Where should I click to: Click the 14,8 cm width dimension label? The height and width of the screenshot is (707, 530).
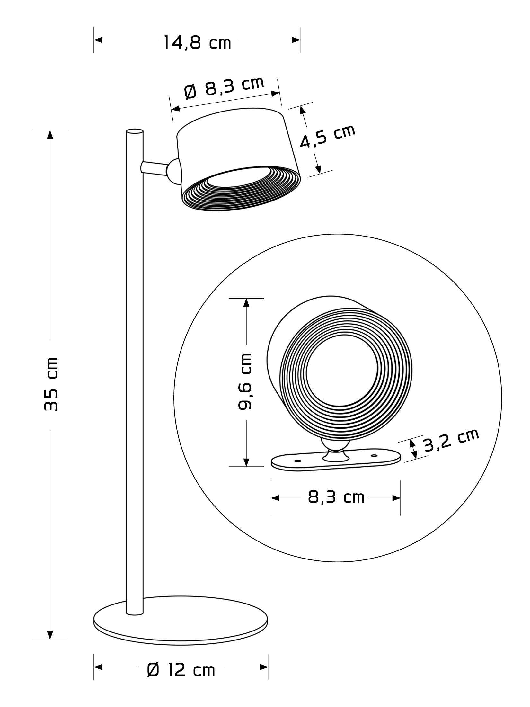pos(197,43)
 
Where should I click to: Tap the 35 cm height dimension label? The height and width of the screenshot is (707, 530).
pos(51,384)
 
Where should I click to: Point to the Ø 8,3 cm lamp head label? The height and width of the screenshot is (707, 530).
pos(224,88)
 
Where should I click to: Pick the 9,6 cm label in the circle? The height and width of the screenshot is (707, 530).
pos(245,381)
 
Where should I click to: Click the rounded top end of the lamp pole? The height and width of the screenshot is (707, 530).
pos(135,131)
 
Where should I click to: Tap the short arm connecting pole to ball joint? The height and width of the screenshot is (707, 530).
pos(154,168)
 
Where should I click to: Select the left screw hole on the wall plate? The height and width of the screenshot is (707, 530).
pos(297,461)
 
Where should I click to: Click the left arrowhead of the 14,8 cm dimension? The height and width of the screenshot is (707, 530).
pos(98,40)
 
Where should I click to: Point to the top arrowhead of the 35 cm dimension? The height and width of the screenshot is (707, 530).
pos(50,134)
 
